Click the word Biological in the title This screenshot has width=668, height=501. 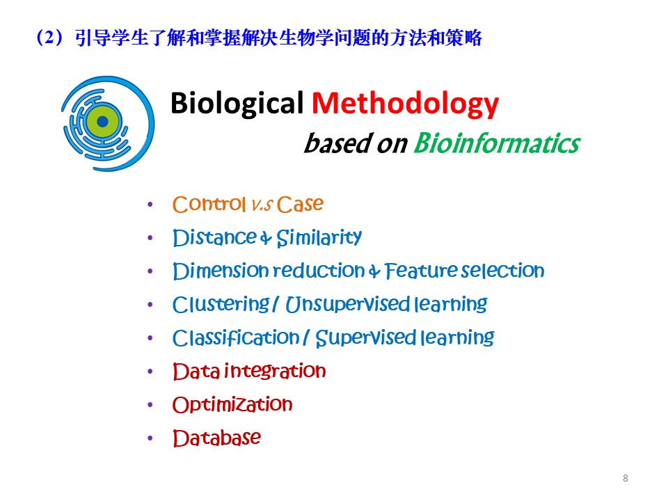[237, 104]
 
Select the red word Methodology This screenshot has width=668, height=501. [405, 104]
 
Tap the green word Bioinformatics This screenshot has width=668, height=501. [496, 143]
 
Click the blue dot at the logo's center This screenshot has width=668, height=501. [103, 122]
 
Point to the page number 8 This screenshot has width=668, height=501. [625, 478]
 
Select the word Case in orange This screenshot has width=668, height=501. [300, 205]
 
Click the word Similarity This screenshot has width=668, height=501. [319, 238]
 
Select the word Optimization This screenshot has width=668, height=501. [232, 404]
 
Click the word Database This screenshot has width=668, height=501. [216, 438]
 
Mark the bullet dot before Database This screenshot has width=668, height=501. [151, 438]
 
